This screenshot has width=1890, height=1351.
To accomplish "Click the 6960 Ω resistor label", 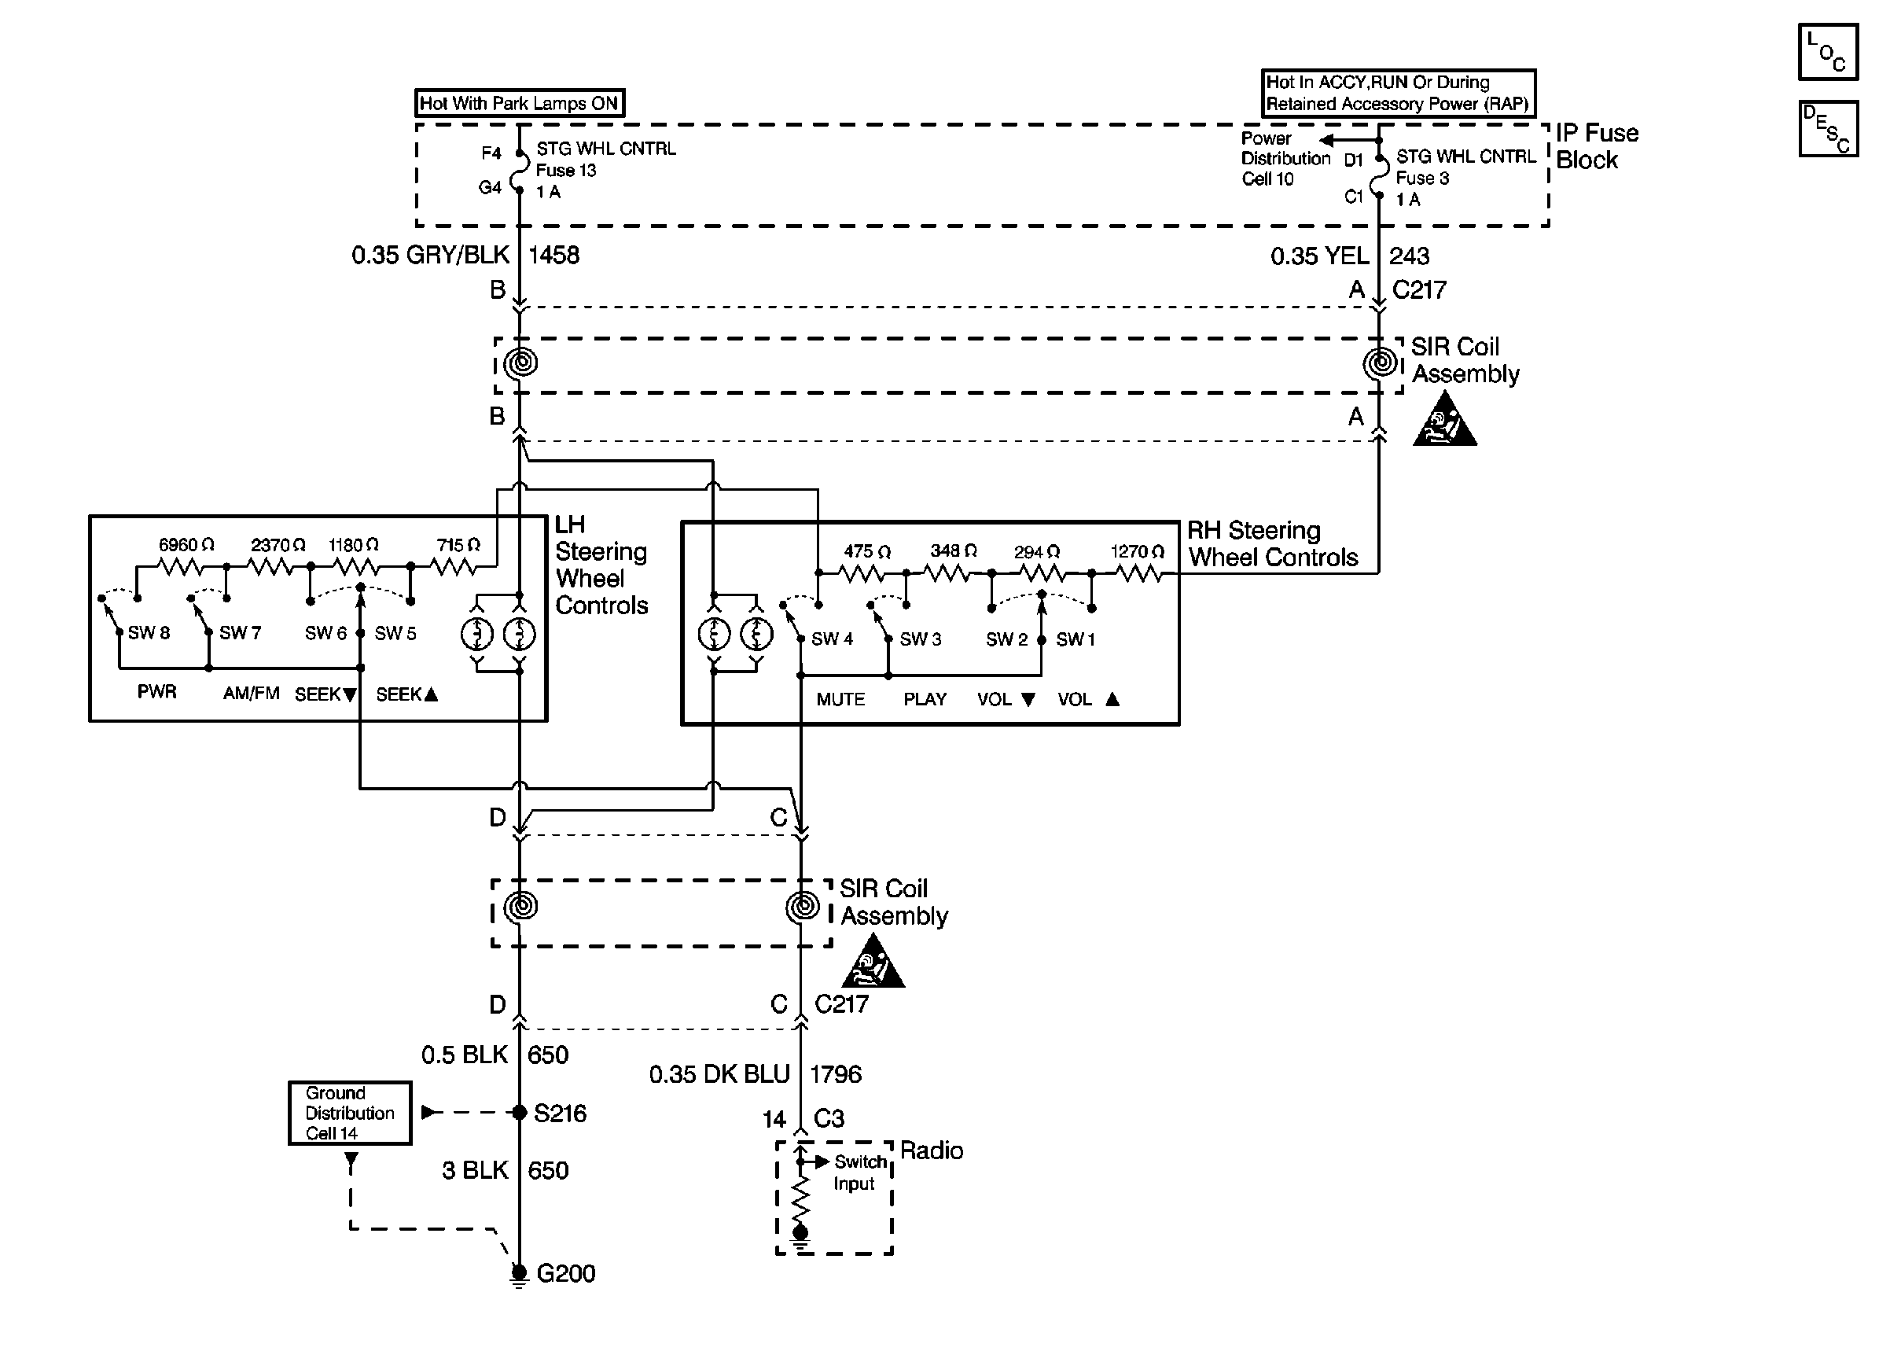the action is [186, 545].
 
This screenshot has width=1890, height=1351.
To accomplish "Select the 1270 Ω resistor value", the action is [1138, 551].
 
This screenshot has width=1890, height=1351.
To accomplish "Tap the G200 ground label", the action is [566, 1274].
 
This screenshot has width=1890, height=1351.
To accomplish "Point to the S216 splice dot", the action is [519, 1112].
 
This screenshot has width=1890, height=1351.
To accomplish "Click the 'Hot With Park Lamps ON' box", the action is [519, 103].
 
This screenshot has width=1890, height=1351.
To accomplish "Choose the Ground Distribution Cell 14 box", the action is [350, 1113].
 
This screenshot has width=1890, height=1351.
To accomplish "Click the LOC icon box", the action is [1828, 52].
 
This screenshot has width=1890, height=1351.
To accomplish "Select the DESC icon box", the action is [1828, 129].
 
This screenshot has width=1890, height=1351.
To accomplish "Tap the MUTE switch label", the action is [840, 700].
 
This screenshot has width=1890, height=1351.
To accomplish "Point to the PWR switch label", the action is [157, 692].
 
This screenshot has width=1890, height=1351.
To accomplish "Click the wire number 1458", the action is [553, 256].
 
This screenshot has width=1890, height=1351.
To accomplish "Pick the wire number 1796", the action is [836, 1075].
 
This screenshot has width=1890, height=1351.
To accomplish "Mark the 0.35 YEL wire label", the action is [1319, 256].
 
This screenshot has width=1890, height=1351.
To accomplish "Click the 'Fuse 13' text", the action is [566, 171].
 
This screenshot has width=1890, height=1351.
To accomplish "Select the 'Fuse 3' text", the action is [1423, 178].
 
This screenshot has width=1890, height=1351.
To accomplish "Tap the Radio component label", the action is [932, 1150].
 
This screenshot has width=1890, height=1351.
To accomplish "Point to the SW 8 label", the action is [149, 633].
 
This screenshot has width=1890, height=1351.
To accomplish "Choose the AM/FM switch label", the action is [251, 694].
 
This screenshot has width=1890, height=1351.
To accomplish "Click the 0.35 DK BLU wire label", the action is [719, 1075].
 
